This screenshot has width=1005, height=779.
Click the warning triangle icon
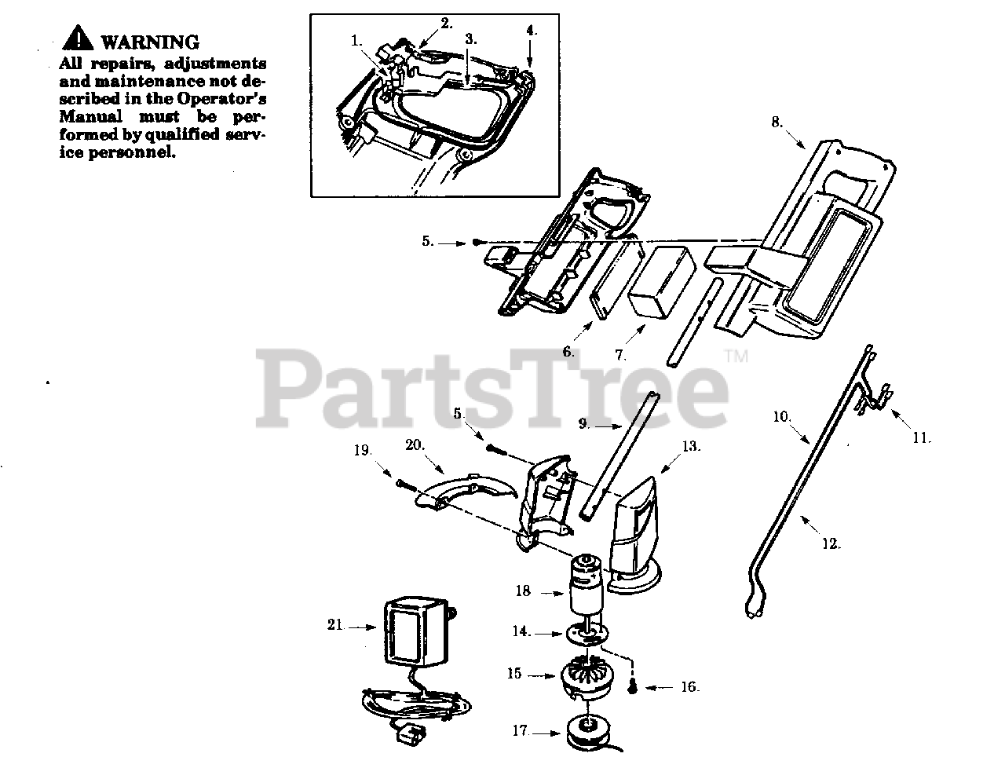tap(79, 39)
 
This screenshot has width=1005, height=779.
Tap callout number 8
tap(776, 122)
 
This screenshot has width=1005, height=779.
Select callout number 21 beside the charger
tap(335, 625)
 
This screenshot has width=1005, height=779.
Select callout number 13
tap(690, 446)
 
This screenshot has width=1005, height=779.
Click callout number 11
tap(921, 437)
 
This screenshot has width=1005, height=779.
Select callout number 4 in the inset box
tap(532, 30)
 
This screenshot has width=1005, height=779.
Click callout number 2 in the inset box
tap(447, 23)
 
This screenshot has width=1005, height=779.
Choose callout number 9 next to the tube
tap(583, 424)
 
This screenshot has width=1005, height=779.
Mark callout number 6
tap(568, 352)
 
